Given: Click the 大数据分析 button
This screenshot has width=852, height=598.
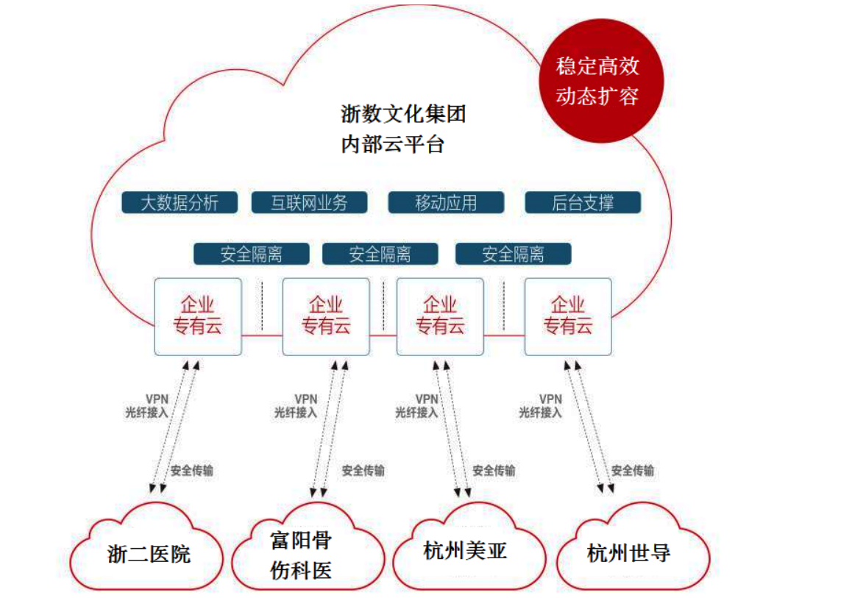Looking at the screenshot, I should tap(180, 202).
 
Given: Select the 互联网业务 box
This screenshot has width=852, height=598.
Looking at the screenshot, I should tap(309, 202).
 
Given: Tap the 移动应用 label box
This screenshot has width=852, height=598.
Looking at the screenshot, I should tap(446, 202).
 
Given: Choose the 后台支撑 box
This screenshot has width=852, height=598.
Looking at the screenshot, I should tap(583, 202).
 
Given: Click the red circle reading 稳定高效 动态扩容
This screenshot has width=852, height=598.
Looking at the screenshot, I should tap(597, 81).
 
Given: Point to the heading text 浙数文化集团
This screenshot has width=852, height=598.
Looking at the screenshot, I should tap(403, 114).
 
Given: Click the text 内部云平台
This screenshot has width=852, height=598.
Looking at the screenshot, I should tap(392, 144).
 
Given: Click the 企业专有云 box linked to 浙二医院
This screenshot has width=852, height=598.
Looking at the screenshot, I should tap(197, 316).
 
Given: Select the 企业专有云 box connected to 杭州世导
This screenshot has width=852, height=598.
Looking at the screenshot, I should tap(568, 316).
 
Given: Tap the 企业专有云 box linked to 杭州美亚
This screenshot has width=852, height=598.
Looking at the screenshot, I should tap(440, 316).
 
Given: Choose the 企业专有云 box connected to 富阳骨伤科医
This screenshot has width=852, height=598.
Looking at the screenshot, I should tap(326, 316).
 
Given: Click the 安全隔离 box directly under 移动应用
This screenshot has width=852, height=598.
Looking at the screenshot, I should tap(514, 254).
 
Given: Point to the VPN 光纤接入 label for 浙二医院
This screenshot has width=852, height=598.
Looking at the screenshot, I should tap(147, 406).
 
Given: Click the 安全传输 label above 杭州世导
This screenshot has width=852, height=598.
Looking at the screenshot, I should tap(633, 471).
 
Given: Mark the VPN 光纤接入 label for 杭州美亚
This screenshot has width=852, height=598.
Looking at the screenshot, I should tap(416, 406).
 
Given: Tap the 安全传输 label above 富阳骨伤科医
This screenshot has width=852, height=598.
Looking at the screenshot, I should tap(363, 471).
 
